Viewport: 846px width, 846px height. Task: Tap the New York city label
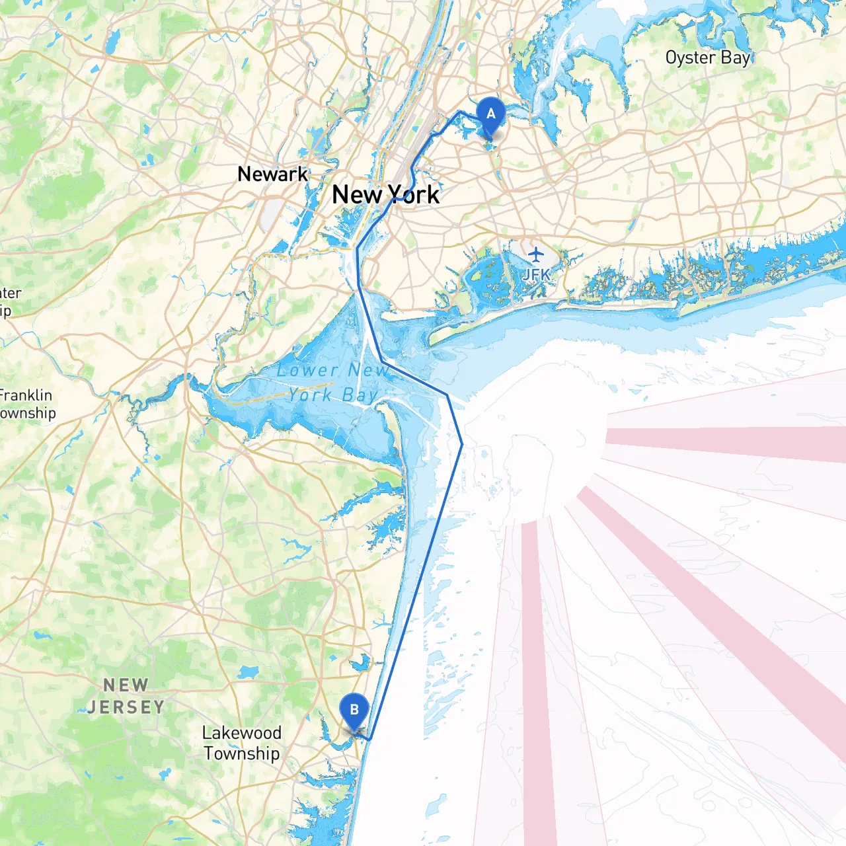[x=385, y=194]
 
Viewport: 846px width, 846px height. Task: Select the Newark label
[x=272, y=174]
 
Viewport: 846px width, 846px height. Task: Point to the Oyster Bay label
[x=708, y=58]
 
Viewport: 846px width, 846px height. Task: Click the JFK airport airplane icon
[x=535, y=254]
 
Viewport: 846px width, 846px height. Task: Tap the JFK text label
[x=536, y=274]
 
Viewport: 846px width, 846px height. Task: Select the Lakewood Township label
[x=242, y=743]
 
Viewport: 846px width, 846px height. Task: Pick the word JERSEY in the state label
[x=126, y=707]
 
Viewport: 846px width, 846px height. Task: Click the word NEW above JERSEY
[x=126, y=685]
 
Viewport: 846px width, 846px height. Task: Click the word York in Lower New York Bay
[x=310, y=395]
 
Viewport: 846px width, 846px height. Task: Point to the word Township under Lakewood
[x=242, y=753]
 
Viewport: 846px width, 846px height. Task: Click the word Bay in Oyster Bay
[x=736, y=58]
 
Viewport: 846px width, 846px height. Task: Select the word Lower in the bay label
[x=308, y=370]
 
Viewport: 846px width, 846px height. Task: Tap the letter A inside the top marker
[x=490, y=114]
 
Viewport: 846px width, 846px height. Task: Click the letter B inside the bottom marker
[x=354, y=710]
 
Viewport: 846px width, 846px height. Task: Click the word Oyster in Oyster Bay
[x=690, y=58]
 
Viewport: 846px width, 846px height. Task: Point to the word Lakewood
[x=242, y=732]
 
